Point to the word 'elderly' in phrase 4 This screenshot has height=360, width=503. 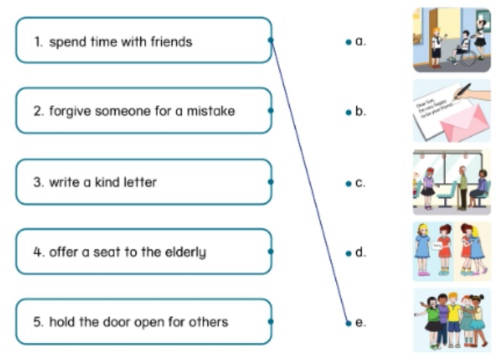(x=183, y=251)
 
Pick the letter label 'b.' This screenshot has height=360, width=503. (x=360, y=110)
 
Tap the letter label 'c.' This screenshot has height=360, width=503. (x=360, y=182)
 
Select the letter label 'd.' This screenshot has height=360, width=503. (x=360, y=251)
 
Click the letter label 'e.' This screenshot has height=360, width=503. (x=360, y=322)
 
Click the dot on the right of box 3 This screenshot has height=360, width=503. (x=271, y=181)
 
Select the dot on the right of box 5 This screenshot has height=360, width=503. (x=271, y=321)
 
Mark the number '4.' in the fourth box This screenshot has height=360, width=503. (x=38, y=251)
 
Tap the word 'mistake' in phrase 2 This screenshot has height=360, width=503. (x=211, y=111)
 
